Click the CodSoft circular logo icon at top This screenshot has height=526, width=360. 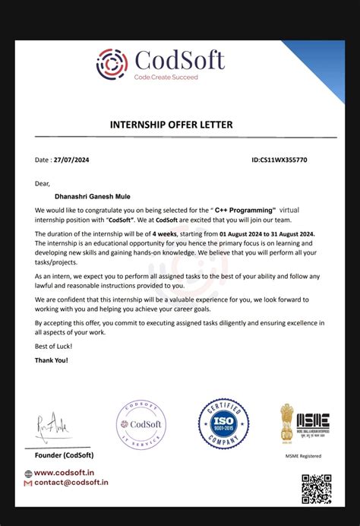pyautogui.click(x=112, y=64)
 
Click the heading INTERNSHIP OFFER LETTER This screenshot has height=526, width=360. pyautogui.click(x=171, y=124)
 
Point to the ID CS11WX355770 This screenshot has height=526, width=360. pyautogui.click(x=279, y=160)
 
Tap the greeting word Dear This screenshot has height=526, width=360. pyautogui.click(x=42, y=183)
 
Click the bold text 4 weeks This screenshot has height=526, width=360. pyautogui.click(x=166, y=234)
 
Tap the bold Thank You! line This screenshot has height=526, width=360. pyautogui.click(x=50, y=360)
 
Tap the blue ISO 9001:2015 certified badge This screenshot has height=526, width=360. pyautogui.click(x=224, y=423)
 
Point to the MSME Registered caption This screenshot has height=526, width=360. pyautogui.click(x=303, y=455)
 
